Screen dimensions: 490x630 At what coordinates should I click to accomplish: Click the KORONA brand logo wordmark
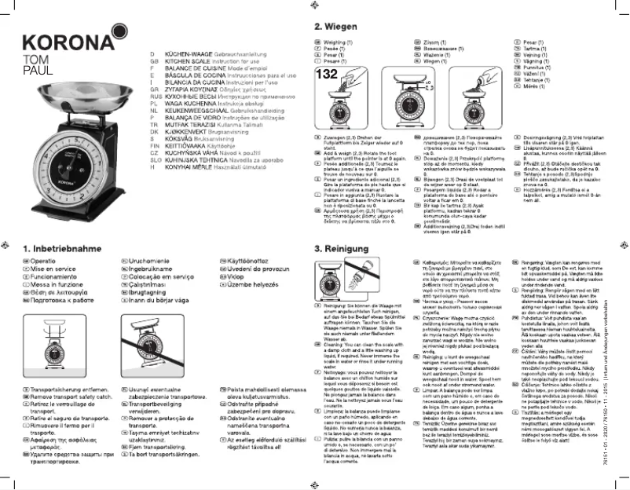[63, 42]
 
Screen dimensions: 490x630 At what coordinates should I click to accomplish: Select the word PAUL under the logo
[32, 69]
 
